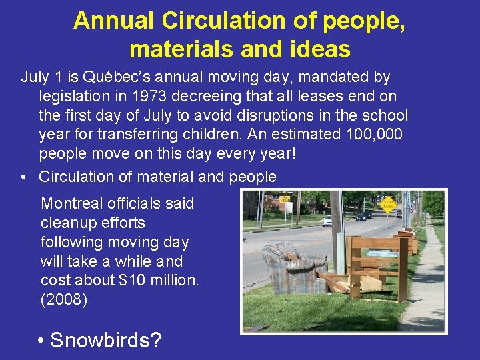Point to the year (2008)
64,300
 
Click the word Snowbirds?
106,340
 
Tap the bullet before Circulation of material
23,177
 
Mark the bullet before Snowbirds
41,341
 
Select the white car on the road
327,220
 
